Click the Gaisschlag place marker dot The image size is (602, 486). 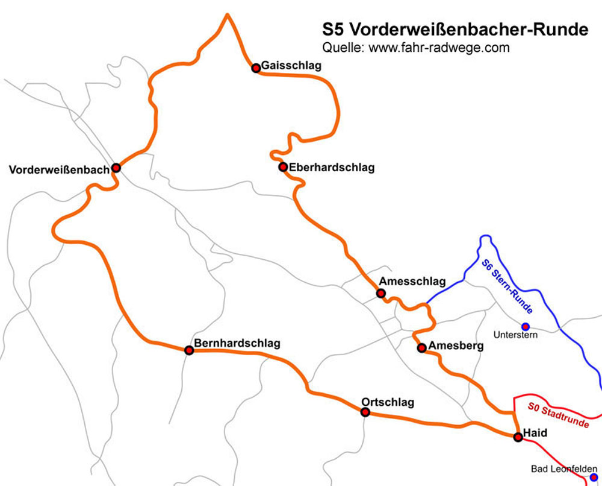(x=256, y=68)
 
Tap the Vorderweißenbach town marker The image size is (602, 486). (x=116, y=168)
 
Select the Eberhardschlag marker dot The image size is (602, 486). (x=282, y=166)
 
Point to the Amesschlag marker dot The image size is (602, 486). (x=380, y=293)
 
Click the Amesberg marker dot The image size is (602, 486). (x=421, y=347)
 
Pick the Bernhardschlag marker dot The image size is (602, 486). (x=189, y=350)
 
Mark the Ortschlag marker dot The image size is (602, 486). (x=365, y=412)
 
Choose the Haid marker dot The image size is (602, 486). (x=518, y=437)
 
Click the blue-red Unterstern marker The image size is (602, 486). (x=525, y=326)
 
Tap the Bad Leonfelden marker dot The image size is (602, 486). (x=594, y=477)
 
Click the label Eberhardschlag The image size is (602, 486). (x=331, y=167)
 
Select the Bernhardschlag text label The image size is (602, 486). (x=237, y=344)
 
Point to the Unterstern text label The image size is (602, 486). (x=515, y=335)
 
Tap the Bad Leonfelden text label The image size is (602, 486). (x=563, y=469)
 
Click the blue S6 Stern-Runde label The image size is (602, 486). (x=507, y=286)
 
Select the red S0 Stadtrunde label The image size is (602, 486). (x=559, y=415)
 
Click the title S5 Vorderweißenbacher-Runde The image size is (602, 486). (x=455, y=30)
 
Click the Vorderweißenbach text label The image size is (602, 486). (x=59, y=170)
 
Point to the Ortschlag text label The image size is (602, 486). (x=388, y=402)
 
